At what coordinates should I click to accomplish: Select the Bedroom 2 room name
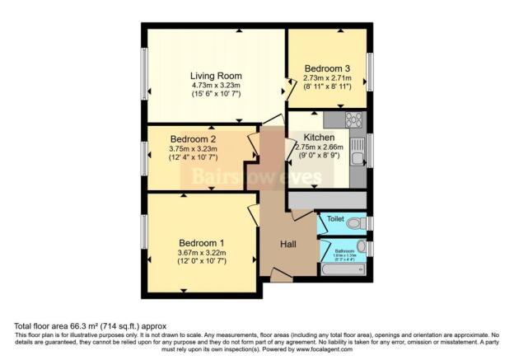click(x=193, y=139)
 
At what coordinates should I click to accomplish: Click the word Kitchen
click(x=319, y=137)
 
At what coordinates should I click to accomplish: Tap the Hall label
click(x=287, y=244)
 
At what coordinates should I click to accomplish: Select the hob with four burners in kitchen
click(x=356, y=121)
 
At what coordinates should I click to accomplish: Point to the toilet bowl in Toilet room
click(x=356, y=223)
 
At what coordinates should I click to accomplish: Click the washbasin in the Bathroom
click(x=362, y=246)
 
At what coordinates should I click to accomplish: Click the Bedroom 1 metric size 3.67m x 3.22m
click(x=203, y=252)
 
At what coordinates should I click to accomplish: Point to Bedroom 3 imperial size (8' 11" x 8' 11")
click(x=327, y=87)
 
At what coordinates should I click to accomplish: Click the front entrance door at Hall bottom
click(x=282, y=276)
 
